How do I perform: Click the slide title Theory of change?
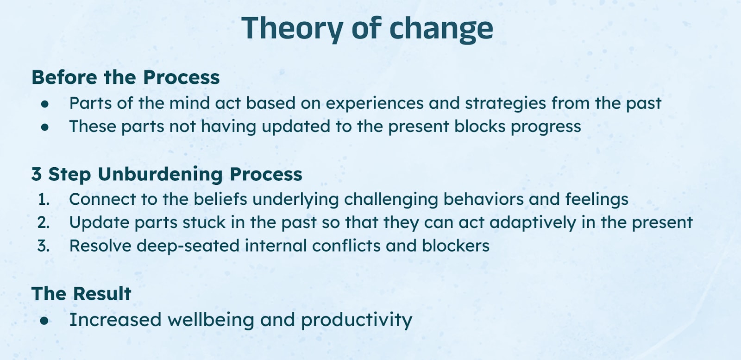367,29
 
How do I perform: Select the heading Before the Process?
126,77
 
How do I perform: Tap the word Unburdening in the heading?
160,175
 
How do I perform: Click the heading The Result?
82,293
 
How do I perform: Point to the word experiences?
375,104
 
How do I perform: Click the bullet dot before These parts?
45,127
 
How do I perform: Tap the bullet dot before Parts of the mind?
45,104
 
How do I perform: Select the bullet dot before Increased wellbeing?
44,321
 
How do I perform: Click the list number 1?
44,200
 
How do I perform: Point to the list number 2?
44,223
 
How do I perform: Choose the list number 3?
44,246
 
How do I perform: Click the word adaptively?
533,223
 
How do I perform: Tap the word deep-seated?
188,246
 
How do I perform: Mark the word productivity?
357,321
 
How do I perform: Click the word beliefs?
220,199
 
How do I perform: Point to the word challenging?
391,200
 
